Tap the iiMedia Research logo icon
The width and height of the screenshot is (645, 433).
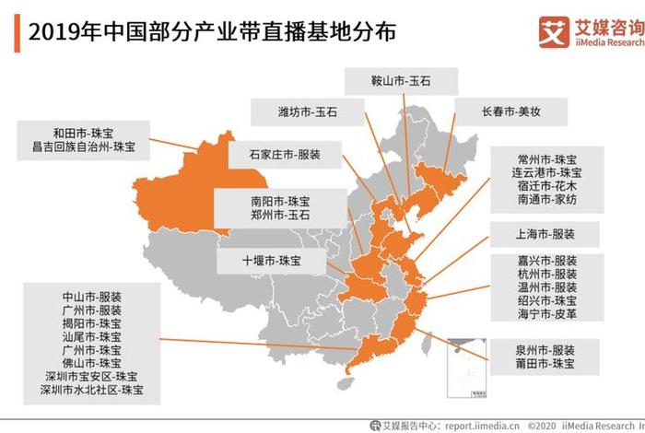coord(553,33)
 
